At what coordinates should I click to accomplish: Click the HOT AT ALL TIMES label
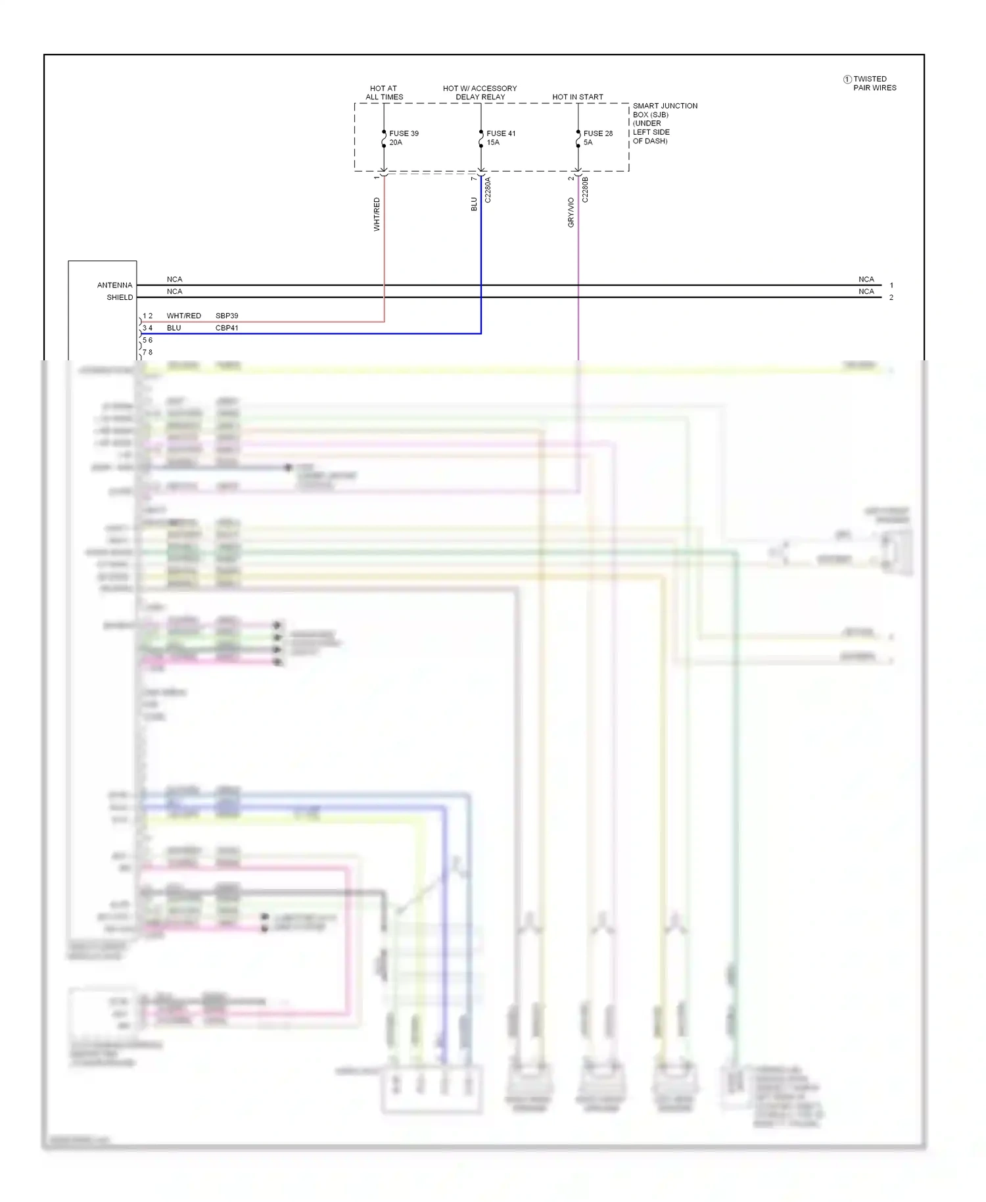384,93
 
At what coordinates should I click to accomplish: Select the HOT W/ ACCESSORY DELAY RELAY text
480,93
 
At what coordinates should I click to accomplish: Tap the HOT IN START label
577,97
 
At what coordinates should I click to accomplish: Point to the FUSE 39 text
404,133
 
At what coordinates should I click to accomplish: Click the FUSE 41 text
501,133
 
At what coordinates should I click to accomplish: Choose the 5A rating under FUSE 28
588,142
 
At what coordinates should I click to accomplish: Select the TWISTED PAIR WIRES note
874,84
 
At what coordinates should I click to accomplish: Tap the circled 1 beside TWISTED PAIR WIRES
847,80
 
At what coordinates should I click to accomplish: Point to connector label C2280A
488,189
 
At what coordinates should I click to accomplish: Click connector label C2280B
585,189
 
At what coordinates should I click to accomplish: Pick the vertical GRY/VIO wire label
571,212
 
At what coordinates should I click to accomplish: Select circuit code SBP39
227,316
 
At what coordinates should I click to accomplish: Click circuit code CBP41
227,328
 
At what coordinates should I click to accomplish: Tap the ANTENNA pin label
114,285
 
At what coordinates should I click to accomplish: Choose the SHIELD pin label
120,297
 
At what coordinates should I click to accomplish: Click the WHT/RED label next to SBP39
183,316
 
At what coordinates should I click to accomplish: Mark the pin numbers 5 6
148,340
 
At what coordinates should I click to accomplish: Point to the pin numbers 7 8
148,352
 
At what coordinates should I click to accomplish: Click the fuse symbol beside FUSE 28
578,139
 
